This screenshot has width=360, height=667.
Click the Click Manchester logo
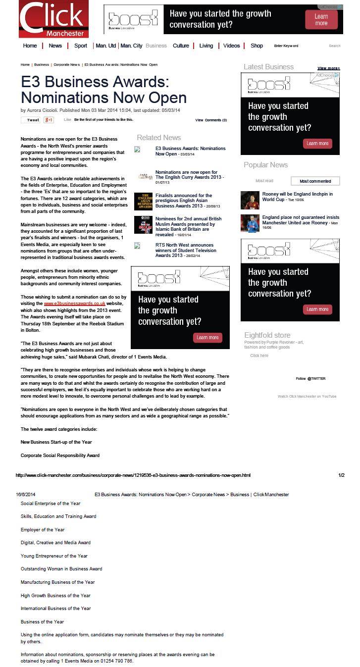tap(53, 19)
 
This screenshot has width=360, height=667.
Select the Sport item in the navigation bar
tap(81, 46)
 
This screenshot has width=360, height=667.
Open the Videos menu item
tap(231, 46)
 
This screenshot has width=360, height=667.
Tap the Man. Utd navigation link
tap(105, 46)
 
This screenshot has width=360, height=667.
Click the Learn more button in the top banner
tap(321, 20)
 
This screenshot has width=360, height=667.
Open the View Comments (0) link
tap(211, 120)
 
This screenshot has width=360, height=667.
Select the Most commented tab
tap(315, 181)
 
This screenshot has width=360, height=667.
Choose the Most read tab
tap(264, 181)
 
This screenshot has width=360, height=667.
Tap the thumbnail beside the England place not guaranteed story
tap(250, 223)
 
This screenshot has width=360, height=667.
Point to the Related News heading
tap(158, 138)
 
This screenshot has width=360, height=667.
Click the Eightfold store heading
tap(267, 335)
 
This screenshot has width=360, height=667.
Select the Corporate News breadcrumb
tap(66, 65)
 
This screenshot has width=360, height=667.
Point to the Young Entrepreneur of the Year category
tap(54, 556)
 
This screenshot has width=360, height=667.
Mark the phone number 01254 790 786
tap(116, 661)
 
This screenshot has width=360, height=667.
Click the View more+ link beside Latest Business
tap(328, 68)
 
